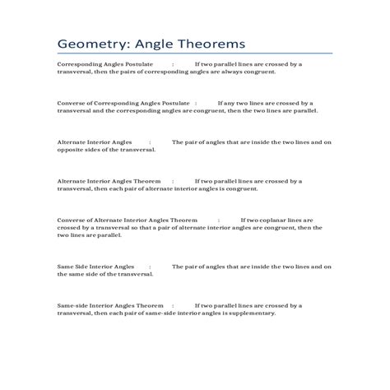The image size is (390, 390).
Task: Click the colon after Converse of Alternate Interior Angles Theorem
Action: tap(219, 220)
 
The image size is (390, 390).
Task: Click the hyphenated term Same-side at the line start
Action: tap(72, 305)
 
